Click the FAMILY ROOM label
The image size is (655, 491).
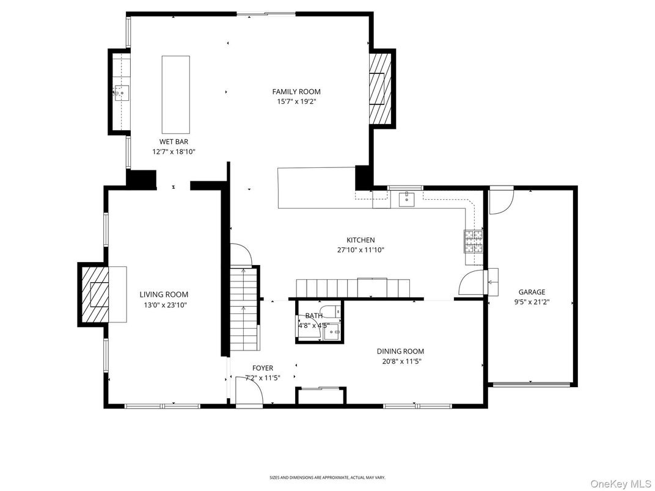coord(296,92)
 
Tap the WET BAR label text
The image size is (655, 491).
coord(174,141)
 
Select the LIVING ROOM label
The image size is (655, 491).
coord(164,294)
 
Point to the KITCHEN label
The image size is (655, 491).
coord(360,240)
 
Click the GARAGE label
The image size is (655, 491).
coord(532,292)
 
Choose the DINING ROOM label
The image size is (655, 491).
coord(400,351)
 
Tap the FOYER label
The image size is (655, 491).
coord(263,368)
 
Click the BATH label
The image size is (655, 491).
coord(314,316)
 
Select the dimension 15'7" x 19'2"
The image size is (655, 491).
coord(296,102)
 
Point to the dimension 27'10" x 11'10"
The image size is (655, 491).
coord(360,250)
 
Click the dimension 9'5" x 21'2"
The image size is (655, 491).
coord(532,302)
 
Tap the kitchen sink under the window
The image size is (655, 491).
coord(406,198)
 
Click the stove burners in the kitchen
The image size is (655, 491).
coord(473,241)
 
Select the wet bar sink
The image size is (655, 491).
coord(122,93)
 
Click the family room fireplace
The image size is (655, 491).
coord(379,89)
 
